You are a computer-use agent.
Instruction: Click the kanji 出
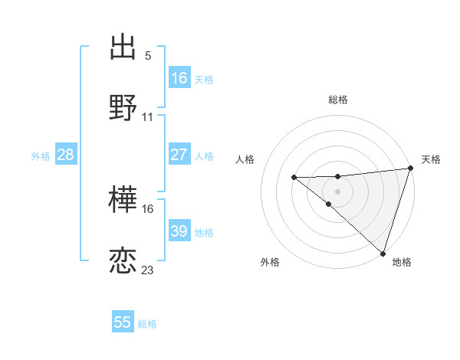pyautogui.click(x=123, y=47)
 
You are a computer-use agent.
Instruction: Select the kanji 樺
pyautogui.click(x=123, y=201)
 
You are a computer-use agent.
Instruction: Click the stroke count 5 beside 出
pyautogui.click(x=148, y=56)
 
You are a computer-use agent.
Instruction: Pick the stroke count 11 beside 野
pyautogui.click(x=148, y=117)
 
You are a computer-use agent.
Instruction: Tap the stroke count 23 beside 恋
pyautogui.click(x=148, y=270)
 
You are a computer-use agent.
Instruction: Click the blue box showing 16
pyautogui.click(x=179, y=78)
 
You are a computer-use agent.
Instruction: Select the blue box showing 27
pyautogui.click(x=179, y=155)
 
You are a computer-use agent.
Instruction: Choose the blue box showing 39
pyautogui.click(x=179, y=231)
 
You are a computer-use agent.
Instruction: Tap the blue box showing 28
pyautogui.click(x=66, y=155)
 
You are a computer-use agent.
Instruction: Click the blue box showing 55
pyautogui.click(x=123, y=322)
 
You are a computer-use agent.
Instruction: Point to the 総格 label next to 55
pyautogui.click(x=147, y=324)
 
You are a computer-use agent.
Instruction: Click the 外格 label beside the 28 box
pyautogui.click(x=41, y=156)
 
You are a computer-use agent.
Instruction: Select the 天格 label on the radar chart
pyautogui.click(x=431, y=159)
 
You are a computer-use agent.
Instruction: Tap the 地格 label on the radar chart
pyautogui.click(x=402, y=262)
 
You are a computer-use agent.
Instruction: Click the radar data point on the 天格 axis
pyautogui.click(x=411, y=168)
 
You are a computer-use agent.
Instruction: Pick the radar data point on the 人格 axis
pyautogui.click(x=294, y=178)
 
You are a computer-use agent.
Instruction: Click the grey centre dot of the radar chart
pyautogui.click(x=337, y=191)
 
